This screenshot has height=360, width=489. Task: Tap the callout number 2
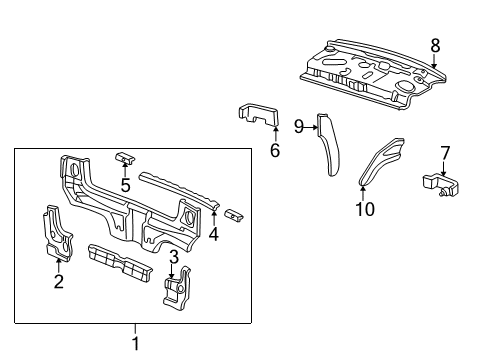[x=59, y=282]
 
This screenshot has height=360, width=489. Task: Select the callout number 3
[x=173, y=258]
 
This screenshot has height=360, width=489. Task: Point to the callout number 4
[x=213, y=235]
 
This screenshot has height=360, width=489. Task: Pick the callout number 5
[x=126, y=184]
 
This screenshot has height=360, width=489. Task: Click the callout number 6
[x=274, y=152]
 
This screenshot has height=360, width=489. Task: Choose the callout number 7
[x=445, y=152]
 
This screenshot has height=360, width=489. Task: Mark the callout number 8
[x=435, y=45]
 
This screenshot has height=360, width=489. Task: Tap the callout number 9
[x=299, y=125]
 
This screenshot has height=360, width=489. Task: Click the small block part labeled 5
[x=125, y=157]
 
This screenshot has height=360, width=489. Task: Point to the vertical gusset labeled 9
[x=328, y=145]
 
